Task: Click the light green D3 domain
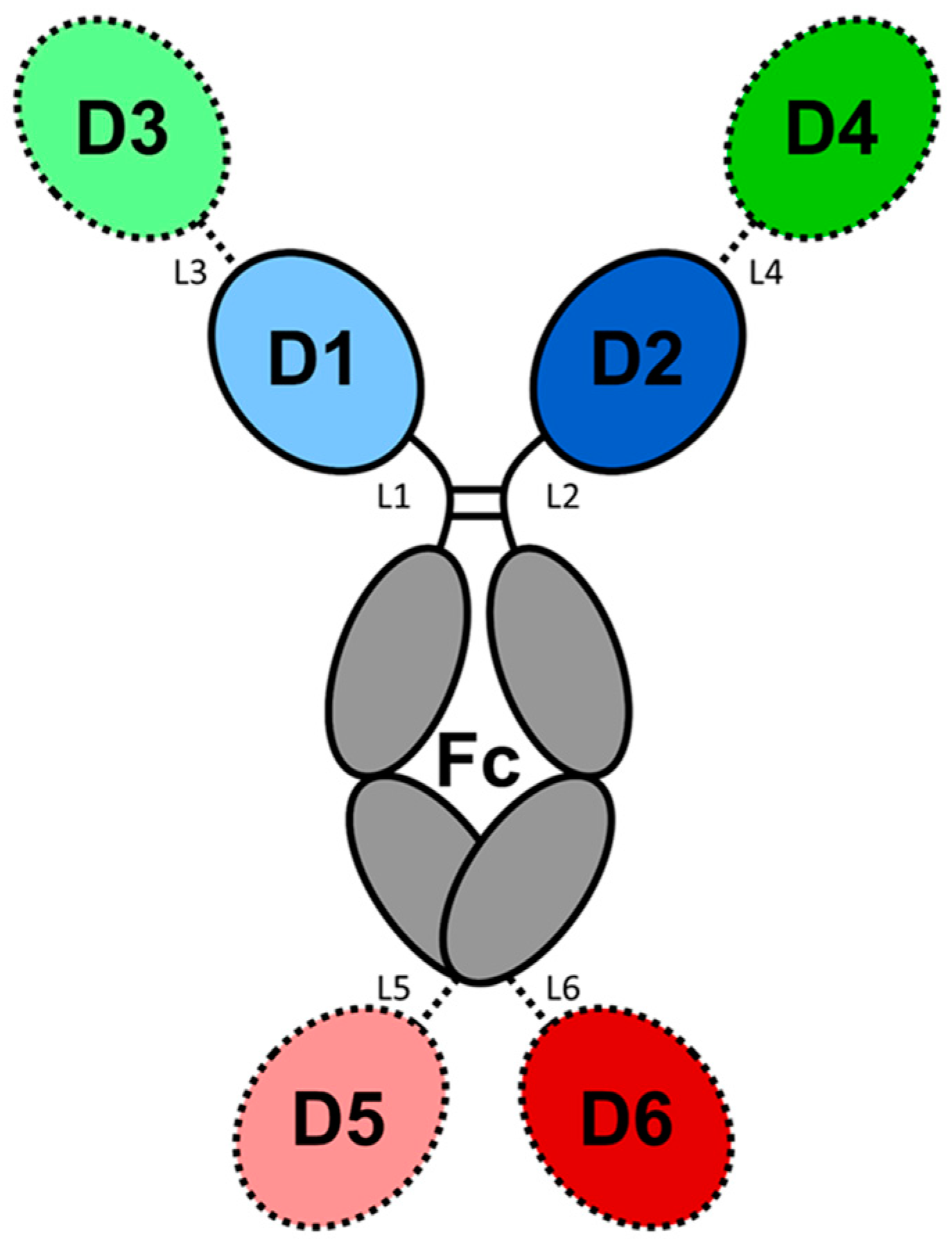(x=121, y=132)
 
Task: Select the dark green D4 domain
(x=832, y=132)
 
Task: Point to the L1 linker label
(x=394, y=497)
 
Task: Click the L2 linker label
(x=563, y=497)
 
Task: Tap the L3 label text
(x=189, y=274)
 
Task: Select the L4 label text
(x=767, y=274)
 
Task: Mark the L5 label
(x=393, y=989)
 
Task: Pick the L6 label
(x=563, y=989)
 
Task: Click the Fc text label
(x=478, y=762)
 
